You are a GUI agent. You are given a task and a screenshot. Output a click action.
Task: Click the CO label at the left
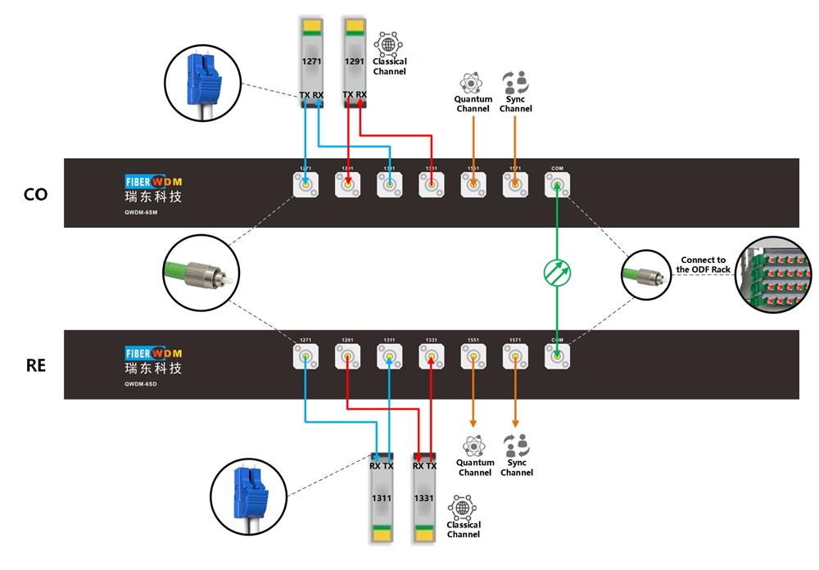(x=36, y=194)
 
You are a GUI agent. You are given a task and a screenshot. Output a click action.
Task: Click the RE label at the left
(x=36, y=365)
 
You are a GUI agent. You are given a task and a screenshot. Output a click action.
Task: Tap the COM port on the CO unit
(x=557, y=187)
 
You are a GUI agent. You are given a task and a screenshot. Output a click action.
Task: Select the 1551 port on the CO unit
(x=473, y=187)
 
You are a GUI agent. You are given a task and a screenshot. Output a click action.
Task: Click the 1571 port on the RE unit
(x=515, y=356)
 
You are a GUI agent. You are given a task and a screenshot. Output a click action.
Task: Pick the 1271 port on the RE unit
(x=305, y=356)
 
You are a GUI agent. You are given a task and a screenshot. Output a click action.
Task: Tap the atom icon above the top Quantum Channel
(x=472, y=84)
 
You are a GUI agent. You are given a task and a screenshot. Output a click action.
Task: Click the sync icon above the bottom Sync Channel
(x=515, y=446)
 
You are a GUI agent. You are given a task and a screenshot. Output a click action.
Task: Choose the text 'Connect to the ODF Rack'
(x=703, y=265)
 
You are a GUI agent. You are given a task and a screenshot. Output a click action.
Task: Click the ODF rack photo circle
(x=774, y=275)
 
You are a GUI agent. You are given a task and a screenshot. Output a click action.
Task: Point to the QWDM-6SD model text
(x=142, y=382)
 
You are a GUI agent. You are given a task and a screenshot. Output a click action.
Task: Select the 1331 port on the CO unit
(x=431, y=187)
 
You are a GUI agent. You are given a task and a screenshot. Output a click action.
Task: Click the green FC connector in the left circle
(x=201, y=274)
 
